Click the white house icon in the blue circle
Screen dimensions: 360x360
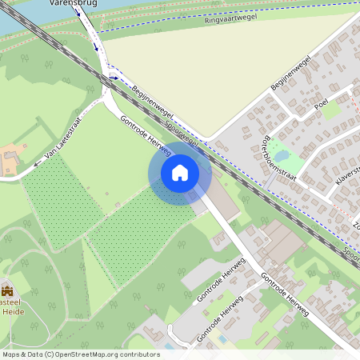pos(180,172)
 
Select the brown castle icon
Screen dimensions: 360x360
pos(8,290)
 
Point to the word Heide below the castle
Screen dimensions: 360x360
pos(14,311)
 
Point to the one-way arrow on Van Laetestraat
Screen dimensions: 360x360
pos(37,165)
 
